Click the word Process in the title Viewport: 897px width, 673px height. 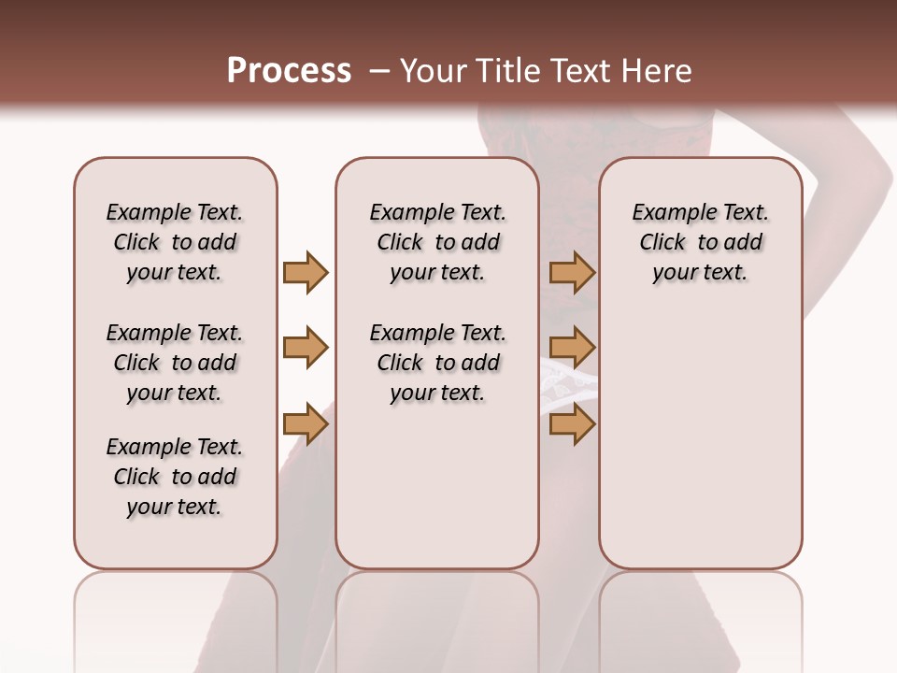click(x=289, y=70)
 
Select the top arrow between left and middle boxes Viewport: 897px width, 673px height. click(x=306, y=273)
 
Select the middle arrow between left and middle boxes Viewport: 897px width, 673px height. click(x=306, y=348)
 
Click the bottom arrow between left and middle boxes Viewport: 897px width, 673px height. click(x=306, y=424)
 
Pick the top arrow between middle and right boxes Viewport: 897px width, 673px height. click(x=572, y=273)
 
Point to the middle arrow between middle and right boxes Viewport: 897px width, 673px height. click(x=572, y=348)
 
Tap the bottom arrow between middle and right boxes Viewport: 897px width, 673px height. click(x=572, y=424)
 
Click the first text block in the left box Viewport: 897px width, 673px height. click(x=175, y=242)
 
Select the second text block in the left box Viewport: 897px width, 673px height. click(x=175, y=363)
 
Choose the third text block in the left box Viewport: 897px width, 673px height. click(x=175, y=477)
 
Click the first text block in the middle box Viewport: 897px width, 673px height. click(x=437, y=242)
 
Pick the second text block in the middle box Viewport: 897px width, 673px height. click(x=437, y=363)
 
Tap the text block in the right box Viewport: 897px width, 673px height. click(x=700, y=242)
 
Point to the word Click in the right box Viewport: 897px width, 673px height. click(x=662, y=242)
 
